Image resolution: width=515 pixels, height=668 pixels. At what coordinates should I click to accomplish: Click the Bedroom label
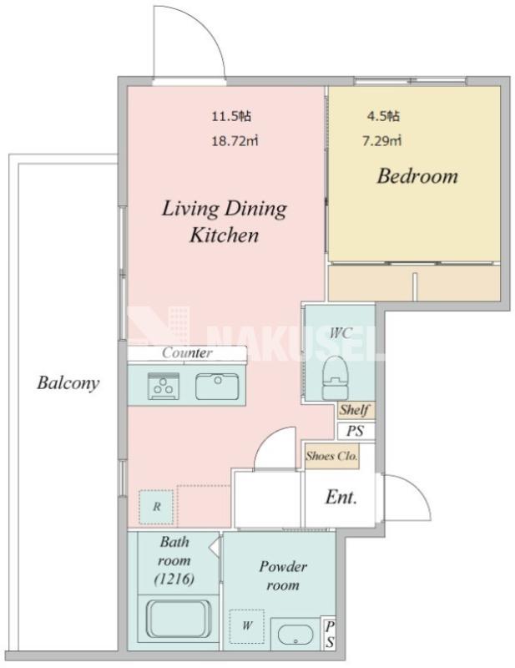pos(417,175)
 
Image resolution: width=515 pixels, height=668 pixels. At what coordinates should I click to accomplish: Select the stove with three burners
pos(164,386)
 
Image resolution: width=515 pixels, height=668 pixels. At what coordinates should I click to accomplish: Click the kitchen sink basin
pos(217,386)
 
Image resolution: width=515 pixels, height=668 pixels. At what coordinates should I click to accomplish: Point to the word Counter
pos(187,352)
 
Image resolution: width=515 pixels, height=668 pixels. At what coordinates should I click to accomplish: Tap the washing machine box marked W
pos(246,625)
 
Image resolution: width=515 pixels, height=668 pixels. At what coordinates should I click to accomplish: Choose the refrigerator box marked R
pos(157,507)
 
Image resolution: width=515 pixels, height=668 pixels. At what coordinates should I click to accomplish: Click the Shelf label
pos(355,410)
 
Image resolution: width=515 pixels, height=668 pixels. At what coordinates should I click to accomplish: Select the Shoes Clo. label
pos(331,456)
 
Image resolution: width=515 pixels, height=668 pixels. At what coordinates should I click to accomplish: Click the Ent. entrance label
pos(341,497)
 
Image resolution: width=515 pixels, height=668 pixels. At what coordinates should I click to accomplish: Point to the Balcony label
pos(68,383)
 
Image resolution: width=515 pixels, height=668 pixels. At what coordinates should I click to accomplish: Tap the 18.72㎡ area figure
pos(235,140)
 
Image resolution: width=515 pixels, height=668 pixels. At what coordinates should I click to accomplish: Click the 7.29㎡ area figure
pos(381,140)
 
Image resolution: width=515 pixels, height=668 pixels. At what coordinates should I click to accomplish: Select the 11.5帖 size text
pos(231,116)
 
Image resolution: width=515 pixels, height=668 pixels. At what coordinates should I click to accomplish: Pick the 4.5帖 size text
pos(383,116)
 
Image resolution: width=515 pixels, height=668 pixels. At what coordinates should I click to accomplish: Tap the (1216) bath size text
pos(174,579)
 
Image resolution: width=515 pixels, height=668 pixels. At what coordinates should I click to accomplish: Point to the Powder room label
pos(283,575)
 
